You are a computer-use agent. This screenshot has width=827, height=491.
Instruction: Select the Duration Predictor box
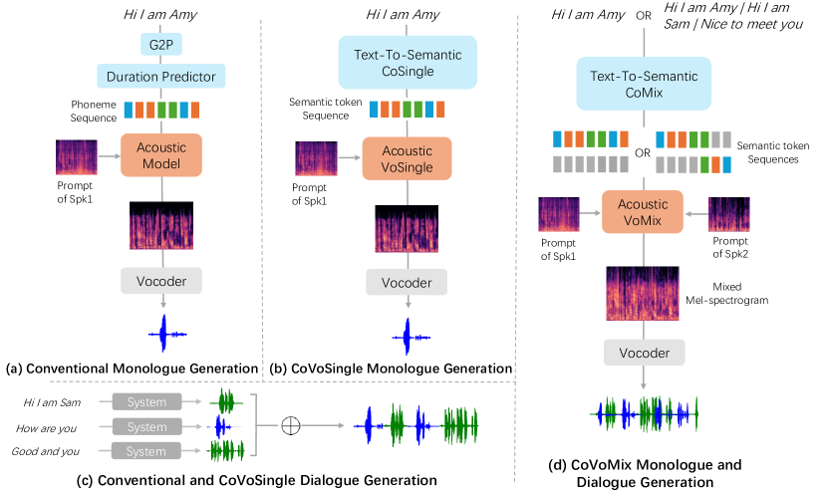[x=161, y=76]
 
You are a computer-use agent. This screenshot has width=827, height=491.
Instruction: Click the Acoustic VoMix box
[x=642, y=214]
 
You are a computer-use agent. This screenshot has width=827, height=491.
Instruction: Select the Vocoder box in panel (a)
[x=161, y=279]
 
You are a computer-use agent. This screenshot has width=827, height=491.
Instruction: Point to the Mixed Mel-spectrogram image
[x=642, y=291]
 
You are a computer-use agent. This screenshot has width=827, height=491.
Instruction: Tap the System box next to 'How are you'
[x=147, y=426]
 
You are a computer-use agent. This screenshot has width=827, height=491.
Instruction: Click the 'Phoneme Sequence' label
[x=95, y=110]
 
